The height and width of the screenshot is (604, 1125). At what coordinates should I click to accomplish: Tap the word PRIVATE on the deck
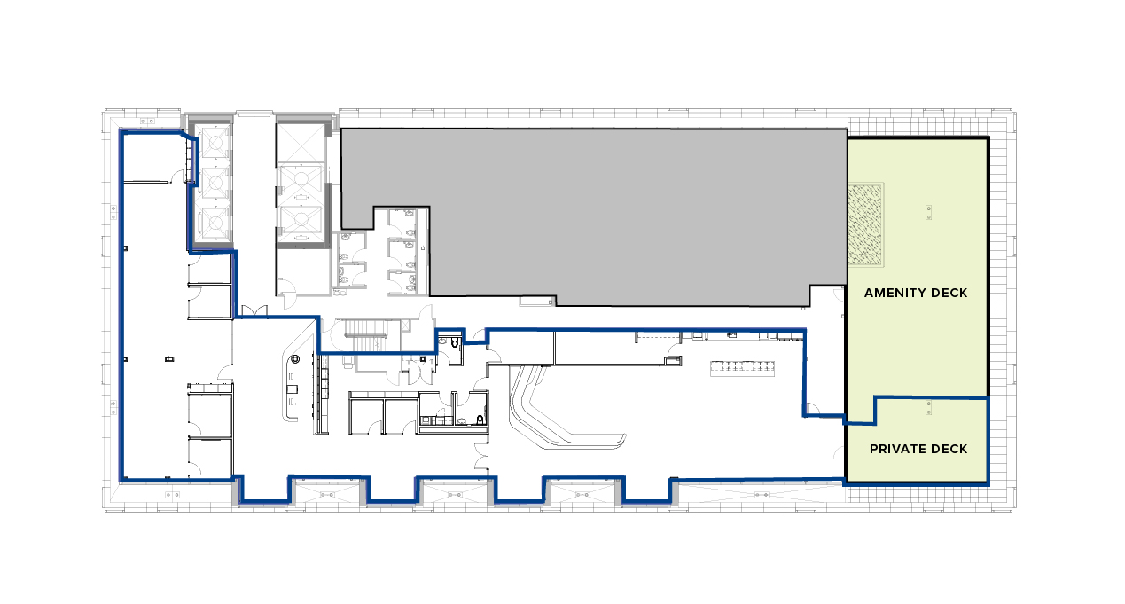coord(897,450)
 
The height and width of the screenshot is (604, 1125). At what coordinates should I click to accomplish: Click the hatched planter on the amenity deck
coord(865,224)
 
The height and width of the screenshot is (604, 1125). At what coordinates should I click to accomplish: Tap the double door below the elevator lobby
coord(255,311)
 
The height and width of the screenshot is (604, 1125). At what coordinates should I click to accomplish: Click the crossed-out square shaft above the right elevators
coord(301,142)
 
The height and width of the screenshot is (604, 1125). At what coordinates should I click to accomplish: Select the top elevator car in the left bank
coord(215,143)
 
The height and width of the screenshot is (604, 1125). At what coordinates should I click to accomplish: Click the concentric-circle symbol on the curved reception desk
coord(295,359)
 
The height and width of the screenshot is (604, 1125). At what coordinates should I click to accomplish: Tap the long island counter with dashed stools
coord(742,368)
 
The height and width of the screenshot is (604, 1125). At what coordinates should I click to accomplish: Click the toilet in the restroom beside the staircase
coord(455,343)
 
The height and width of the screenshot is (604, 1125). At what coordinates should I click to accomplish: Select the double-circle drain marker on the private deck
coord(928,407)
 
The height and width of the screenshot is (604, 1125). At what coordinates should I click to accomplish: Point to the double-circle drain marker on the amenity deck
coord(928,212)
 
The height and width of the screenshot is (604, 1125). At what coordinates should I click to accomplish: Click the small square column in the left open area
coord(170,359)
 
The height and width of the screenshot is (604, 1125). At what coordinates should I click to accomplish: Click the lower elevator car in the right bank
coord(301,221)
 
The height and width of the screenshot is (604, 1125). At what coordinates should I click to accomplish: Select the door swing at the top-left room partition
coord(178,176)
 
